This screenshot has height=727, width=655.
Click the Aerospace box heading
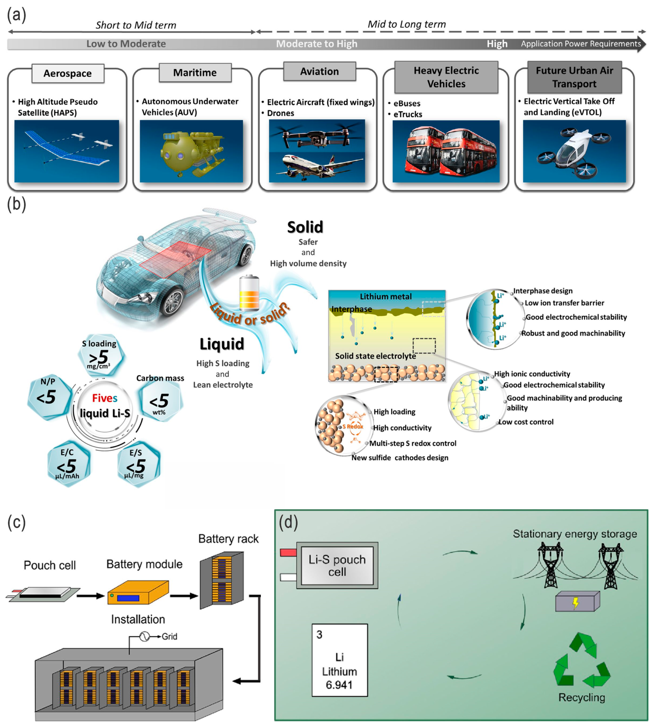pos(68,73)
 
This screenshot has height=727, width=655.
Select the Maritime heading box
pos(195,73)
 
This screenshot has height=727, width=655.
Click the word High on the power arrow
pos(497,44)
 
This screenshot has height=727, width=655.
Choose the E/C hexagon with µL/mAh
pos(68,464)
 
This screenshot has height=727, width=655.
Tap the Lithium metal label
pos(385,296)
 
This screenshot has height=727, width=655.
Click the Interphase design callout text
pos(542,291)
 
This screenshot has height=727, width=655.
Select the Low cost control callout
pos(526,422)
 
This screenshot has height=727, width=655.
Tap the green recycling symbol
pos(582,660)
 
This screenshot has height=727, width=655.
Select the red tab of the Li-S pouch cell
pos(288,552)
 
